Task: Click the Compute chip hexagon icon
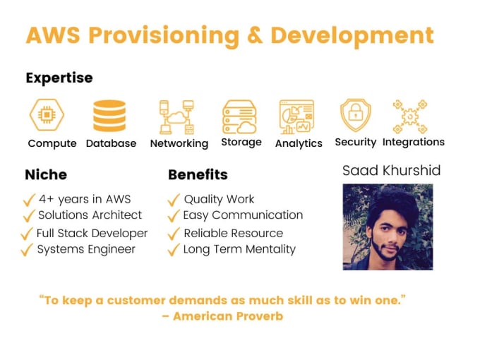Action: coord(47,115)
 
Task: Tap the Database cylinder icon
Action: coord(109,116)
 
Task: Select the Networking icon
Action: coord(176,117)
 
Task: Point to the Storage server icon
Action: coord(239,116)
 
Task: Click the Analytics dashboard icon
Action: coord(296,117)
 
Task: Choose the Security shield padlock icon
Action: coord(355,115)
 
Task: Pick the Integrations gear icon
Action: coord(410,116)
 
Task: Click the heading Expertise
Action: coord(59,78)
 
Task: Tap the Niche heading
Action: coord(46,175)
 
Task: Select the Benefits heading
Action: coord(198,175)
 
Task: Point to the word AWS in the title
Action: coord(53,35)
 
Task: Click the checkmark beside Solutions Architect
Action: coord(29,215)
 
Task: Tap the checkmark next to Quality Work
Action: coord(174,200)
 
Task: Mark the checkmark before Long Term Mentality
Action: coord(174,249)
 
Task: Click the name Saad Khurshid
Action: coord(392,171)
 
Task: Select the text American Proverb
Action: coord(228,316)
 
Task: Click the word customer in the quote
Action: coord(136,300)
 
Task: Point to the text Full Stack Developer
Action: coord(92,234)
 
